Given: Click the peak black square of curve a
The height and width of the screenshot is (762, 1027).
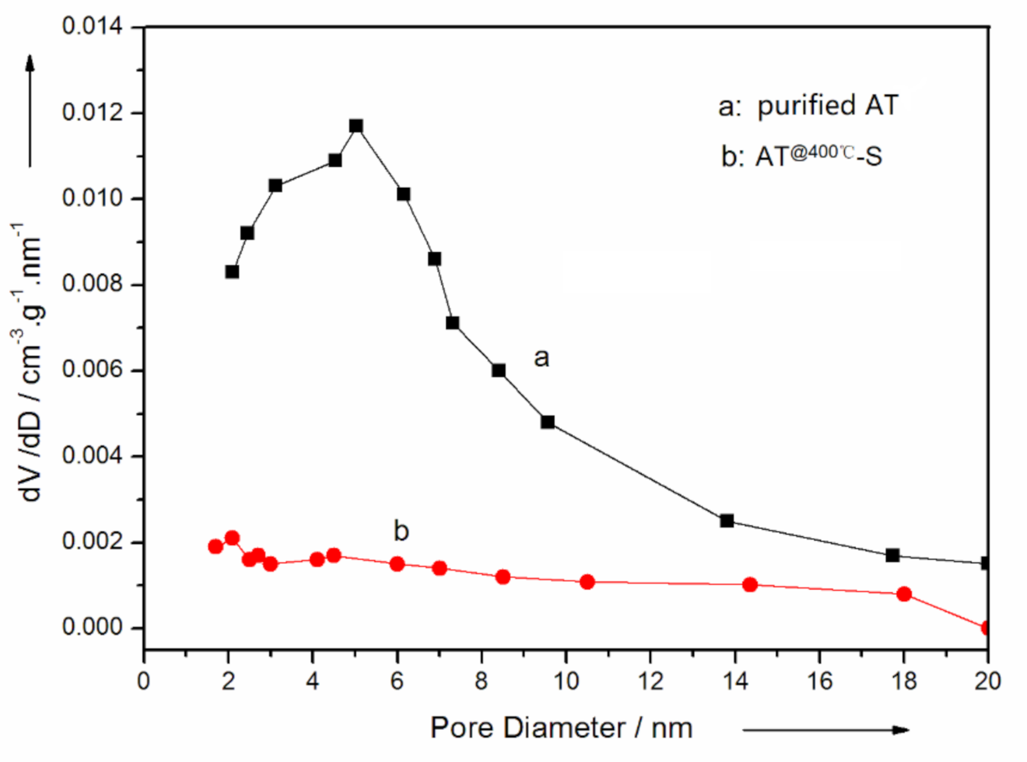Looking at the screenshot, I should point(356,126).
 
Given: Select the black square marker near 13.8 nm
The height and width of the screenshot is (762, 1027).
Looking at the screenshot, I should point(726,521).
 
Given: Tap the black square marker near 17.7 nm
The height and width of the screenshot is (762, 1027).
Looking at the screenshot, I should point(893,555).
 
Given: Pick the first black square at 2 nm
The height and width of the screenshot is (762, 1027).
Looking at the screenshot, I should point(232,272).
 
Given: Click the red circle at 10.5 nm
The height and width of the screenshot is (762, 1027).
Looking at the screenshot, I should point(587,582).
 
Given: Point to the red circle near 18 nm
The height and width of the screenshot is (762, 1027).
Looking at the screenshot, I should point(904,594).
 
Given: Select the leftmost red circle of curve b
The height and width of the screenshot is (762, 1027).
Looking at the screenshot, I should point(215,546).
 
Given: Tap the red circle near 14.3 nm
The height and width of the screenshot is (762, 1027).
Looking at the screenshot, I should point(750,584).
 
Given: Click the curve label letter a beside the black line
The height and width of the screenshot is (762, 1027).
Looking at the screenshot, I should point(541,358).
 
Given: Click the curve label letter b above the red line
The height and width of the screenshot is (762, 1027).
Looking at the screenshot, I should point(401,531).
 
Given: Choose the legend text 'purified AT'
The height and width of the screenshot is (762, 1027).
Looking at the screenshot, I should point(827,106).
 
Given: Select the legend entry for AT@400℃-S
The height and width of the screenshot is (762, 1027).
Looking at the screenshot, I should point(802,156).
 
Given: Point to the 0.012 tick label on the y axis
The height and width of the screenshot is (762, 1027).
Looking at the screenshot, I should point(92,113).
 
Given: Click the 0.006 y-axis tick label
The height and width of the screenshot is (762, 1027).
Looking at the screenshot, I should point(92,370).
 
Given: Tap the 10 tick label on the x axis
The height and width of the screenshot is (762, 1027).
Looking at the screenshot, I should point(566,681).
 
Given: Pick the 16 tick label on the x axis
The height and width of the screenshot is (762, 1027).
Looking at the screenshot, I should point(820,681).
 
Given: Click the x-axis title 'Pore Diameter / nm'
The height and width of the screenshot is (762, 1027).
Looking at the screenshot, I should point(561,728).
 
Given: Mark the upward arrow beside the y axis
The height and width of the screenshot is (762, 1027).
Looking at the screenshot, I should point(30,109).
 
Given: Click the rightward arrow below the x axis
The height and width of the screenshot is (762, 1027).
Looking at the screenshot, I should point(826,729).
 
